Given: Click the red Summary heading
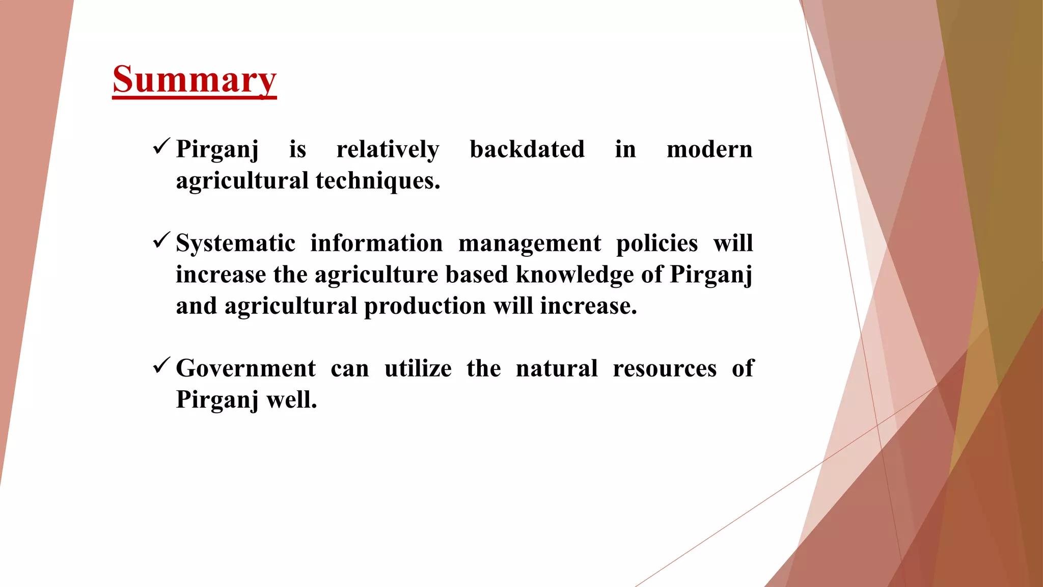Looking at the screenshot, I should (194, 79).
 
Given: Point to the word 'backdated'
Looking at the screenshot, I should (527, 149).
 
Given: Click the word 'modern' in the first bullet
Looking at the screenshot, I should (709, 149).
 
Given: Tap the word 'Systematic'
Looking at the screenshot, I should (235, 243).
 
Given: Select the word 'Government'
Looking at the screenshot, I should (245, 368).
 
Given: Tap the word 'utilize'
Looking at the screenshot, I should (418, 368).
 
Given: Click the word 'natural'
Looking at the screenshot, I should (556, 368).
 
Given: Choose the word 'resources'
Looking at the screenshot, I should (664, 368).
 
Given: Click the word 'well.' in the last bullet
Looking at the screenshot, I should (291, 399).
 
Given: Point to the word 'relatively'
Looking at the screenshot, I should (388, 149).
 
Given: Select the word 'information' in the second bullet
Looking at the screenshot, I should (376, 243).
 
